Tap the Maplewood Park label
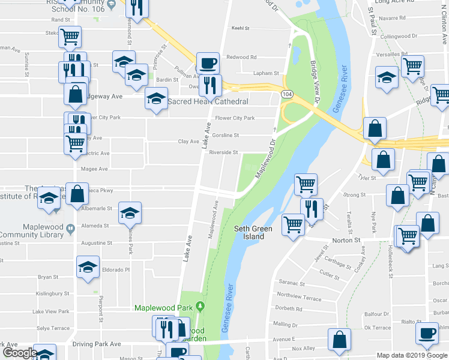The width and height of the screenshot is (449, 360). [x=164, y=308]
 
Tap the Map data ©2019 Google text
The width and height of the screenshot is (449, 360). [x=411, y=355]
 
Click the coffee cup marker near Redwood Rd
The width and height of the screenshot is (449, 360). [x=208, y=62]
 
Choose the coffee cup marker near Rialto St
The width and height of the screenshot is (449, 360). [x=427, y=332]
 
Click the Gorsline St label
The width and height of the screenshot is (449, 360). [x=225, y=136]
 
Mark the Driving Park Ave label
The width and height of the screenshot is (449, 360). [x=97, y=344]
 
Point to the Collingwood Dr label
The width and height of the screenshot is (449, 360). [x=399, y=36]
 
